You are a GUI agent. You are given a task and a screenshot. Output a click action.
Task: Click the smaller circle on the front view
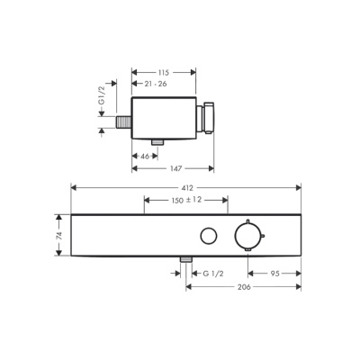tap(209, 236)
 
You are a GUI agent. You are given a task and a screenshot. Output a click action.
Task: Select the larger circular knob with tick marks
tap(246, 236)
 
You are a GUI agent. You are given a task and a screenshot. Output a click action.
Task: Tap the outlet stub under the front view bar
tap(186, 261)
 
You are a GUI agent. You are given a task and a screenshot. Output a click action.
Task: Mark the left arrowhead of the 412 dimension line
tap(74, 186)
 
